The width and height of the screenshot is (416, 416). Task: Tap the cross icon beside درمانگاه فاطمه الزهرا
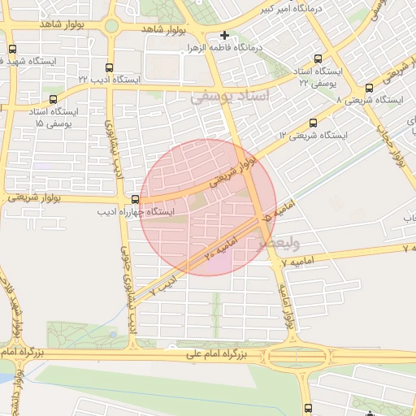click(225, 36)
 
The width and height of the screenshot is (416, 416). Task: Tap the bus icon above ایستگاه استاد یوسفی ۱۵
click(54, 99)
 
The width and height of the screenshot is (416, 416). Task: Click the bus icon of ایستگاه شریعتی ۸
click(369, 88)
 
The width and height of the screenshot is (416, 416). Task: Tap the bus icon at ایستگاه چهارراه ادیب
click(135, 199)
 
